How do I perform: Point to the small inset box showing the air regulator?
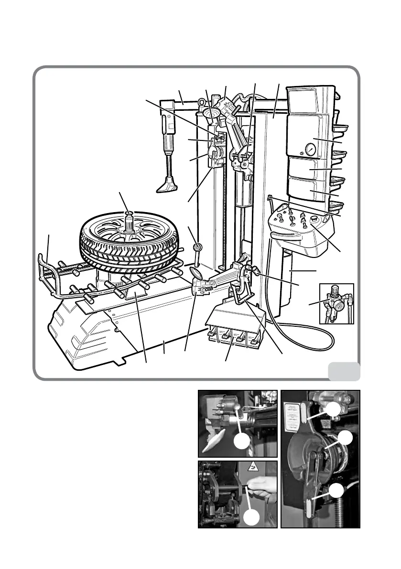coord(336,304)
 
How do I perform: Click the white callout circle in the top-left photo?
coord(243,442)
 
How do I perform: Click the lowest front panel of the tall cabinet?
coord(310,191)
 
